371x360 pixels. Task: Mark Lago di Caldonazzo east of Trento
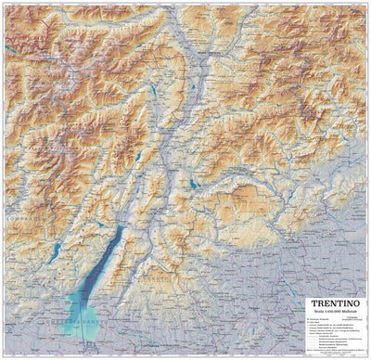pos(193,184)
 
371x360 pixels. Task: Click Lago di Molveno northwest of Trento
pos(139,159)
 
